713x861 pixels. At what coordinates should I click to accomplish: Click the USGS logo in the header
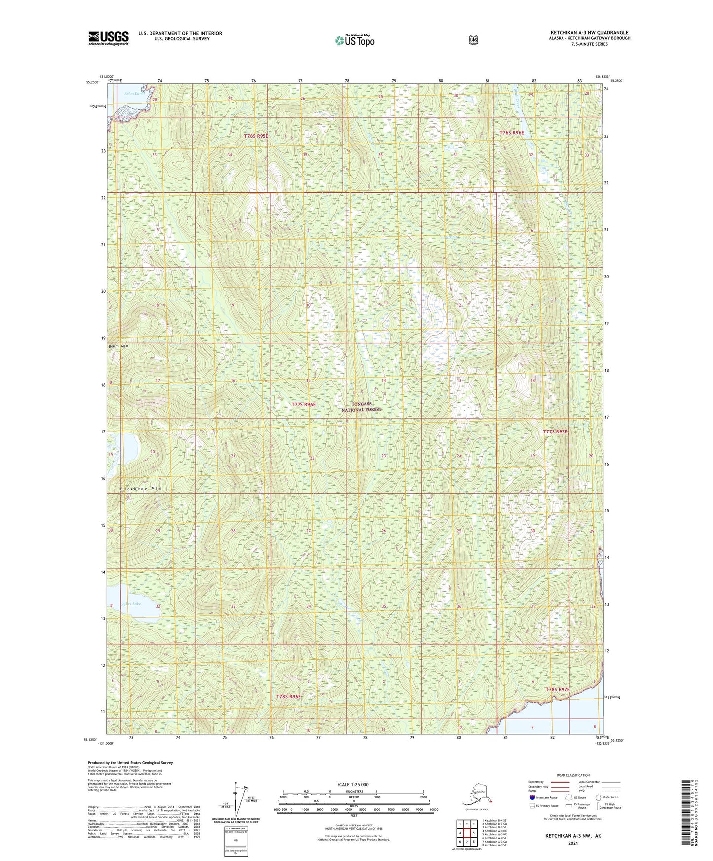(109, 38)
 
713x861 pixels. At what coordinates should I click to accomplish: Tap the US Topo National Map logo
(354, 40)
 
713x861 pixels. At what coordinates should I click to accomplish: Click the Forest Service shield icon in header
(473, 39)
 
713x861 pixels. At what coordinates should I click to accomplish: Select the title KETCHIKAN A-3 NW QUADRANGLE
(590, 33)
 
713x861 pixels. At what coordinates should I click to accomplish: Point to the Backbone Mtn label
(141, 488)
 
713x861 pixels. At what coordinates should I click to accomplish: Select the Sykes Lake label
(131, 604)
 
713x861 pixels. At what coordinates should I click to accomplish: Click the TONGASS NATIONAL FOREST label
(362, 407)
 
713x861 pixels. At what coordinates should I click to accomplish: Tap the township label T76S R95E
(257, 136)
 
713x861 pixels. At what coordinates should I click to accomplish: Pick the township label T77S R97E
(555, 431)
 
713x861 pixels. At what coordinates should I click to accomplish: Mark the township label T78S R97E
(558, 689)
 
